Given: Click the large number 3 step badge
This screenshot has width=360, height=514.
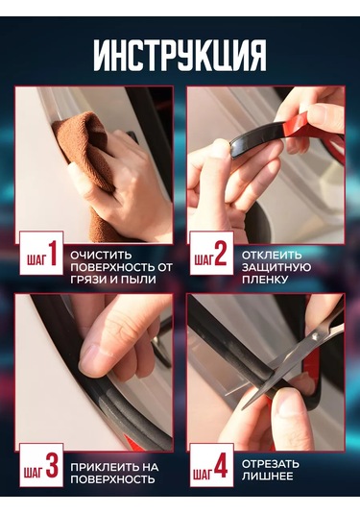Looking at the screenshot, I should click(x=53, y=467).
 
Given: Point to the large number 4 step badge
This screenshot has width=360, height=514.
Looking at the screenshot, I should click(x=222, y=468).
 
